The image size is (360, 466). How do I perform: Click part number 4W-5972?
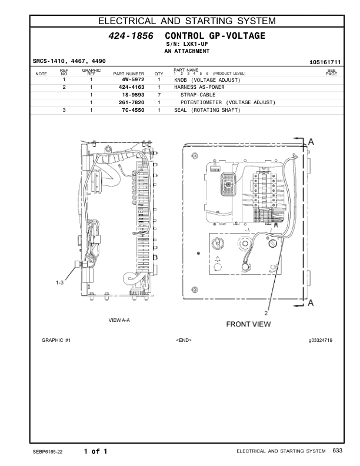(x=133, y=79)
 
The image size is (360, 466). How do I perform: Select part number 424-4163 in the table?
(x=132, y=86)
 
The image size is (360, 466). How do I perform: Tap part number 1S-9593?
(x=133, y=94)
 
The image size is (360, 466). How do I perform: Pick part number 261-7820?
(x=132, y=102)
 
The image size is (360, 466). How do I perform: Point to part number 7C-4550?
(x=133, y=109)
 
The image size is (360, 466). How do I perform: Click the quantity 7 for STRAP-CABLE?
(x=159, y=94)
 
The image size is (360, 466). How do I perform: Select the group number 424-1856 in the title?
(x=131, y=36)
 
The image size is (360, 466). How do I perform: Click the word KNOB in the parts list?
(x=181, y=79)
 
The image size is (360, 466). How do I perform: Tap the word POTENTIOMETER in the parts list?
(x=201, y=102)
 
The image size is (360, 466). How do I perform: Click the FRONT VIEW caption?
(x=248, y=324)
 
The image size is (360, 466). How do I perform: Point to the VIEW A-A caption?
(x=119, y=320)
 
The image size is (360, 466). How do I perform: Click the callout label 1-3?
(x=60, y=283)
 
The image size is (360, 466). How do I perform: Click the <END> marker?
(x=184, y=340)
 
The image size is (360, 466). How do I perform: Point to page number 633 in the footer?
(x=337, y=451)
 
